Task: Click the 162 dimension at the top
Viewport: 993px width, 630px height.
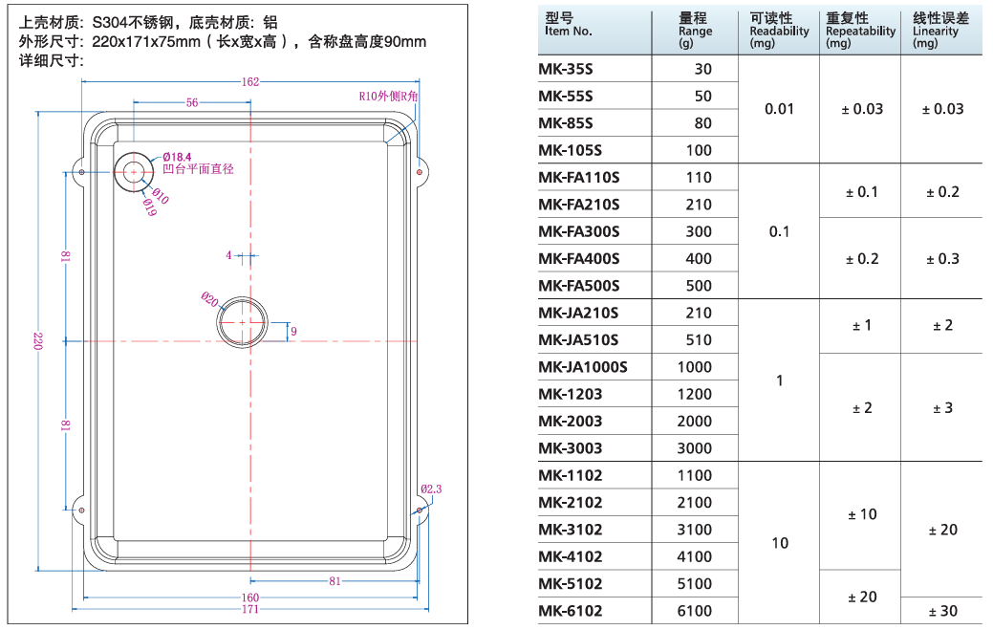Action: (x=250, y=82)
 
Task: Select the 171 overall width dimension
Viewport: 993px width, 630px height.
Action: (x=249, y=609)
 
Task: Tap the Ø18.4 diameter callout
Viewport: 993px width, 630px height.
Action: (x=177, y=156)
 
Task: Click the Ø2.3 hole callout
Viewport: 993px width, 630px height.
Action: (x=431, y=489)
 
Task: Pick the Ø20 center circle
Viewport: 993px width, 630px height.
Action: (x=243, y=324)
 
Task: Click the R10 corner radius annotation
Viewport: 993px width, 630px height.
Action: (x=389, y=97)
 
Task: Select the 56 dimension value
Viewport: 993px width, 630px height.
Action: (x=192, y=102)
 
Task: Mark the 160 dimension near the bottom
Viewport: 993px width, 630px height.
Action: (x=249, y=598)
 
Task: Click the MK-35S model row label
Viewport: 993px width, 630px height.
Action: (x=566, y=69)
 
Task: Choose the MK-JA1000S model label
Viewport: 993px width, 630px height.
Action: (x=583, y=367)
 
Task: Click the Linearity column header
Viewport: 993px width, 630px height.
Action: (x=940, y=32)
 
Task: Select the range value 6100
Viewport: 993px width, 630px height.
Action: (x=694, y=611)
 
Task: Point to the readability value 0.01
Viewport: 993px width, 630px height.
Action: (x=779, y=109)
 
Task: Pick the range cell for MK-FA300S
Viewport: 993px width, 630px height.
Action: (x=699, y=231)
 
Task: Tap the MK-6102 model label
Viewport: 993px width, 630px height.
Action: (x=571, y=611)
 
